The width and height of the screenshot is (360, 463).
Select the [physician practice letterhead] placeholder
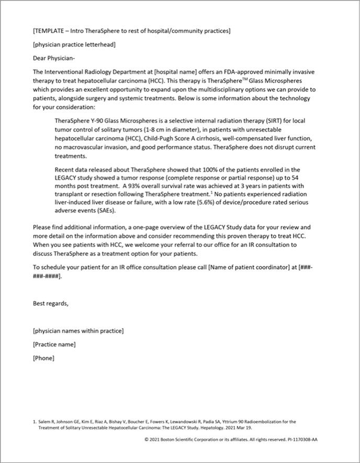coord(74,44)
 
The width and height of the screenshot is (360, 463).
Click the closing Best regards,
coord(50,303)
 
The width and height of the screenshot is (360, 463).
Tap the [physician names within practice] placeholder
coord(78,331)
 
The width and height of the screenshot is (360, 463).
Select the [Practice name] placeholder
coord(54,344)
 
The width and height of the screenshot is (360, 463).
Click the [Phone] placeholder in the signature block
coord(43,358)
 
